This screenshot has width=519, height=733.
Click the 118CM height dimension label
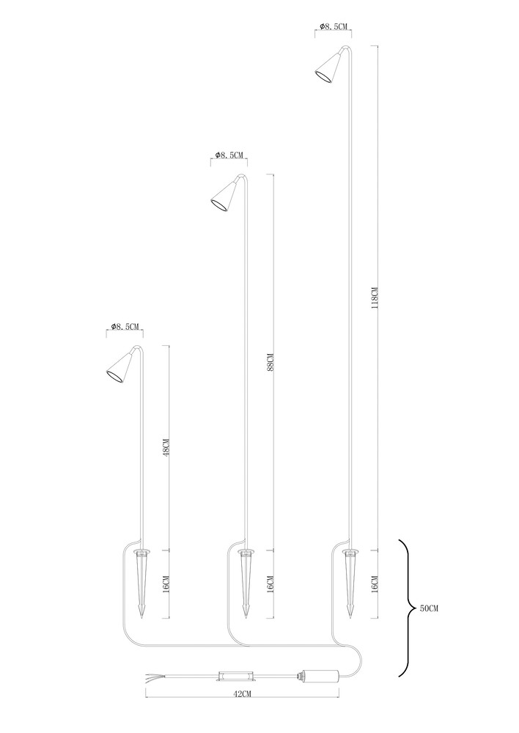tap(374, 298)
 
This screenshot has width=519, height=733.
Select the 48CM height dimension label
tap(166, 446)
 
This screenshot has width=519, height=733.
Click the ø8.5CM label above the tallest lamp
tap(335, 27)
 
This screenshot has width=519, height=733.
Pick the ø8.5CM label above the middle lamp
tap(229, 155)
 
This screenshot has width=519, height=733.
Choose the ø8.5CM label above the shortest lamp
tap(125, 327)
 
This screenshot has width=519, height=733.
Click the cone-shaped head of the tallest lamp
tap(328, 67)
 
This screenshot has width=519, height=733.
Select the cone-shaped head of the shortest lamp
tap(119, 367)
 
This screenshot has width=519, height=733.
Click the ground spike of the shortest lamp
tap(142, 583)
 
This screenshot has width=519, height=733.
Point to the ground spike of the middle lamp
tap(246, 583)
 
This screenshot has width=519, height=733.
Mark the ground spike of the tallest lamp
tap(350, 583)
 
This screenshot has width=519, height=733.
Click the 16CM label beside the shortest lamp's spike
tap(166, 584)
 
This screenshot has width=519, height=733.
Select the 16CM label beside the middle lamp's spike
tap(270, 584)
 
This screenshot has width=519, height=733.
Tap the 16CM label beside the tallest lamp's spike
tap(375, 584)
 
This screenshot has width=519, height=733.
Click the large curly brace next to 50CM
tap(405, 608)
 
